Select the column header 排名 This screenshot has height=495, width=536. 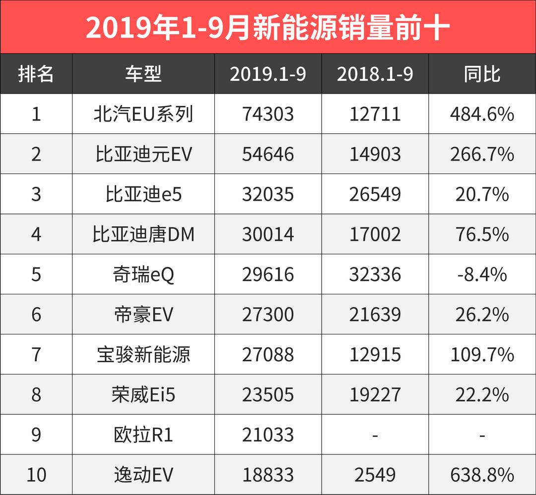36,74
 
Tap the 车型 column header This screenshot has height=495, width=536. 143,74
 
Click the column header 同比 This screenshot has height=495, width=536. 482,74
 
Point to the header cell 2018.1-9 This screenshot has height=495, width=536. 375,74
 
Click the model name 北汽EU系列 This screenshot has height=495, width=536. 143,114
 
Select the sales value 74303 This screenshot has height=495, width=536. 268,114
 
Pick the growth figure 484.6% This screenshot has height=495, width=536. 482,114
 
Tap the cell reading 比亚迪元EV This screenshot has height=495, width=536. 143,155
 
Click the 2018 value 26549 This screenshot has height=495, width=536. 375,195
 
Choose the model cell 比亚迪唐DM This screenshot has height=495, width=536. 143,234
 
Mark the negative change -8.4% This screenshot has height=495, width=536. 482,275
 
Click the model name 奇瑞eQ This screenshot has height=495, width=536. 143,275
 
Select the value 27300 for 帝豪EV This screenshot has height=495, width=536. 268,315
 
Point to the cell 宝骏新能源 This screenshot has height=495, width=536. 143,355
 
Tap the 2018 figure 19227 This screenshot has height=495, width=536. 375,395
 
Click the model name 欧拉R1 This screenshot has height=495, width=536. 143,435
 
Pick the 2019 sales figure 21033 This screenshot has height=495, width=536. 268,435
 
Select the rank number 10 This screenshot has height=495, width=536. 36,475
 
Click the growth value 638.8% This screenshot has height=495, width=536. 482,475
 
